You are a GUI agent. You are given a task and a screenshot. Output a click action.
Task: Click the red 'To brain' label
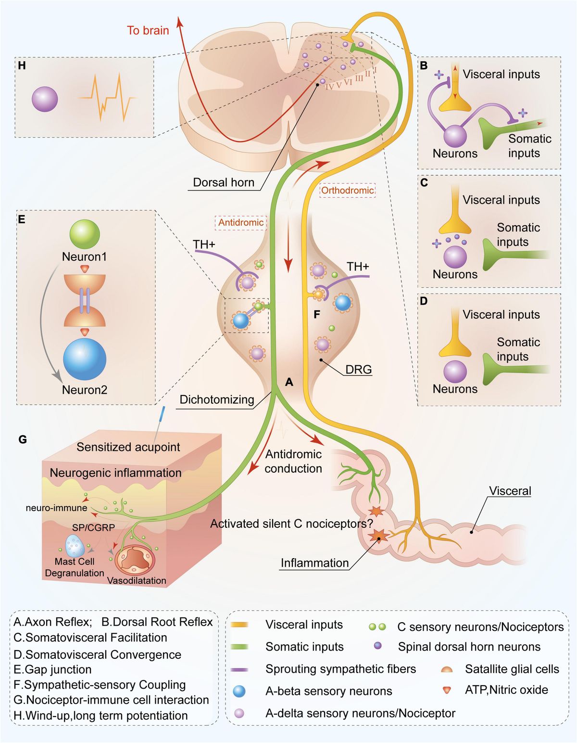tap(148, 30)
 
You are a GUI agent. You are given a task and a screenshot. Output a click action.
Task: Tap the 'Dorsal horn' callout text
tap(223, 182)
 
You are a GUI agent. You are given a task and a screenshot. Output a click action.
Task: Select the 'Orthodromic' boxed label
tap(347, 190)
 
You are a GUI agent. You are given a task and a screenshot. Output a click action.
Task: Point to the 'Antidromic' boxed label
tap(240, 222)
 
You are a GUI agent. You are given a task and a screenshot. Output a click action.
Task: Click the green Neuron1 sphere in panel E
tap(85, 234)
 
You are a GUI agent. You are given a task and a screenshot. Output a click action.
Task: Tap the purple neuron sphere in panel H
tap(45, 100)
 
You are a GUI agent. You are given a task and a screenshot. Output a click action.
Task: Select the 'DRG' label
tap(359, 370)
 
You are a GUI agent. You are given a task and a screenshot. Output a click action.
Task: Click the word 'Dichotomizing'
tap(217, 399)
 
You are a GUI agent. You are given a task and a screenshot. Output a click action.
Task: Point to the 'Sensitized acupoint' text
tap(128, 447)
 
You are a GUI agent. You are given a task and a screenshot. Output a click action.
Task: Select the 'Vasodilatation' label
tap(137, 580)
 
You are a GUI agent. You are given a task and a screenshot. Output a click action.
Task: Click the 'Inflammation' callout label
tap(314, 563)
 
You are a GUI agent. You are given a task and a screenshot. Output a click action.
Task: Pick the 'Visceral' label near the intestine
tap(510, 491)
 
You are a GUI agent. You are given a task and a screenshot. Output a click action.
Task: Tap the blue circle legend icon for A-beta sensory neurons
tap(239, 692)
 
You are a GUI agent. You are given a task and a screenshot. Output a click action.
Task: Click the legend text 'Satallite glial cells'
tap(512, 669)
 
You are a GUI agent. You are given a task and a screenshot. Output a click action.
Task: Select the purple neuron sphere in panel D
tap(455, 372)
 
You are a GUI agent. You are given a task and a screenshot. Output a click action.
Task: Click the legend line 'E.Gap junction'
tap(52, 669)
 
